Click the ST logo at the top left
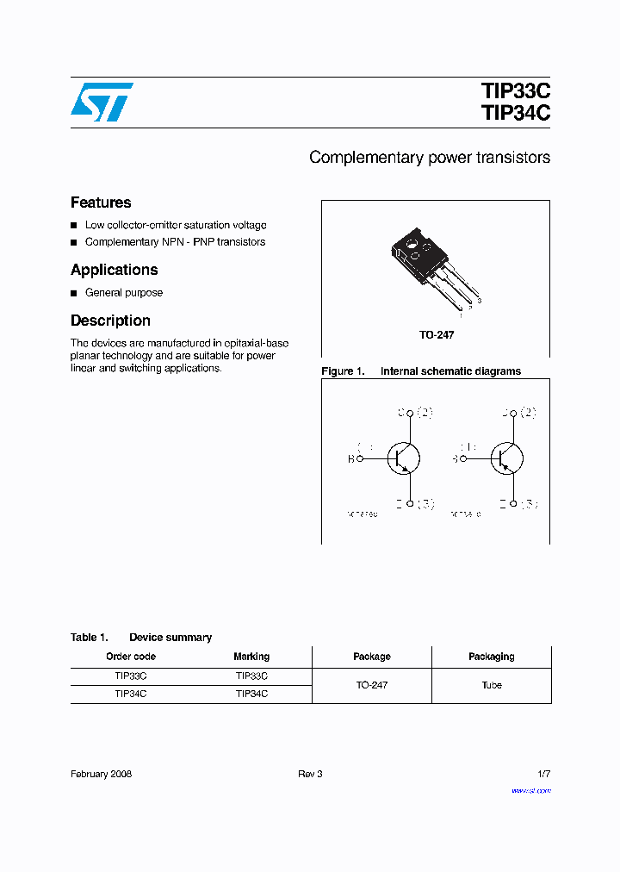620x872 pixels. tap(102, 102)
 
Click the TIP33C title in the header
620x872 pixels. tap(516, 91)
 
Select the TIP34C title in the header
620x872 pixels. tap(516, 113)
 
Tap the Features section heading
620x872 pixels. tap(101, 202)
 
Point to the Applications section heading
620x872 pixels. tap(114, 270)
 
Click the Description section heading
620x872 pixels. tap(110, 321)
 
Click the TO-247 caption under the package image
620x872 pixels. tap(437, 334)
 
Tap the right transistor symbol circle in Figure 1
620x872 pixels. tap(507, 458)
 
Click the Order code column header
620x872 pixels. tap(131, 657)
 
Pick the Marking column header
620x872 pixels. tap(251, 657)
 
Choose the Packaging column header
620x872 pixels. tap(491, 657)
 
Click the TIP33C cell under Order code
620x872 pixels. tap(131, 676)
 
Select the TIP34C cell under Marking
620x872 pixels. tap(251, 694)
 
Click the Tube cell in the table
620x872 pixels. tap(491, 685)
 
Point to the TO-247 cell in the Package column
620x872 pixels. tap(371, 685)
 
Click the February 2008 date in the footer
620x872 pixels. tap(101, 775)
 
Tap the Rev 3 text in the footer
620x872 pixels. tap(310, 775)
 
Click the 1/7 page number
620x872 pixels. tap(542, 775)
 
